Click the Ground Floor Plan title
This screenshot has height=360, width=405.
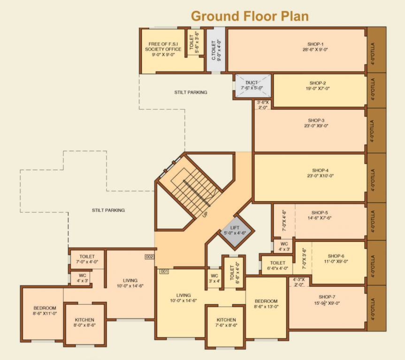[x=250, y=16]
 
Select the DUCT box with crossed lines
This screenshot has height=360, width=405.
[x=252, y=85]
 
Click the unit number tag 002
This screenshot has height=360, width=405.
[x=150, y=256]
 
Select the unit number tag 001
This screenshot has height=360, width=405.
[x=164, y=271]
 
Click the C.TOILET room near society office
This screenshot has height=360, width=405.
[x=215, y=50]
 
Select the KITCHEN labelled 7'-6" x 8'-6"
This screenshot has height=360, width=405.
[x=225, y=325]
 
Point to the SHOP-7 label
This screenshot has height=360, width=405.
[x=327, y=297]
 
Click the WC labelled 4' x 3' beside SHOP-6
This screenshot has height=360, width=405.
[x=284, y=247]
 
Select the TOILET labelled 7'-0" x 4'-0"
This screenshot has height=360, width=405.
[x=87, y=259]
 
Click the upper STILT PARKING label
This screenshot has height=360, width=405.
[x=191, y=92]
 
